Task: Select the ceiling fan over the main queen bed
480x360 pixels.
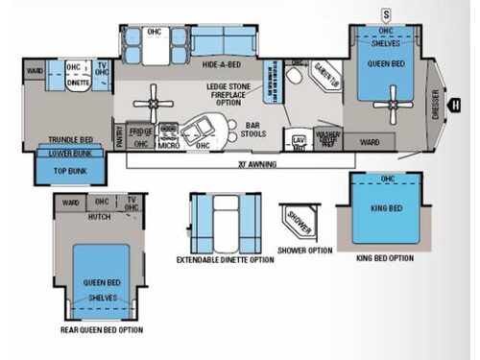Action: coord(392,100)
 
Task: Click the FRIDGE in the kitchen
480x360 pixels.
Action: coord(142,130)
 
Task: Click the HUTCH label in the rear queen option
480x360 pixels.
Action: coord(100,218)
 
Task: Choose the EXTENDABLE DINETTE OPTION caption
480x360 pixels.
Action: coord(225,260)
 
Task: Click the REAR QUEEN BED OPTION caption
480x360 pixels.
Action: coord(101,330)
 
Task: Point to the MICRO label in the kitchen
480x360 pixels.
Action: coord(169,146)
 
